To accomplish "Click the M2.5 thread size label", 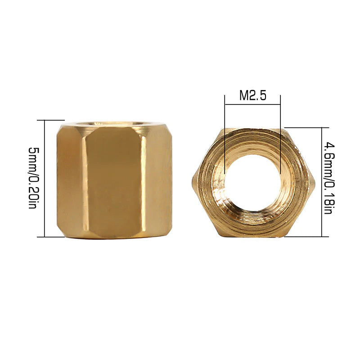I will pyautogui.click(x=253, y=95).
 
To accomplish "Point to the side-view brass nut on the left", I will pyautogui.click(x=114, y=180).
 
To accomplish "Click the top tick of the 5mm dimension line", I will pyautogui.click(x=45, y=120).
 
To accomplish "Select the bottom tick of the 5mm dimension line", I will pyautogui.click(x=45, y=237).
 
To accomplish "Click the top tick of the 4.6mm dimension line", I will pyautogui.click(x=322, y=128).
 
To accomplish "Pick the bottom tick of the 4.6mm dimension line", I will pyautogui.click(x=322, y=236).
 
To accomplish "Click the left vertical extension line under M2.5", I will pyautogui.click(x=225, y=135).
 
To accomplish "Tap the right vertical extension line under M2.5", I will pyautogui.click(x=280, y=135).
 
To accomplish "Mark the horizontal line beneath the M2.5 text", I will pyautogui.click(x=253, y=105).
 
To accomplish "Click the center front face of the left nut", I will pyautogui.click(x=114, y=184).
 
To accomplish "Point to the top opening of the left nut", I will pyautogui.click(x=114, y=123).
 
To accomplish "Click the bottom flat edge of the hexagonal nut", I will pyautogui.click(x=253, y=235).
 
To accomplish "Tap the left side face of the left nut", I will pyautogui.click(x=70, y=180).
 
